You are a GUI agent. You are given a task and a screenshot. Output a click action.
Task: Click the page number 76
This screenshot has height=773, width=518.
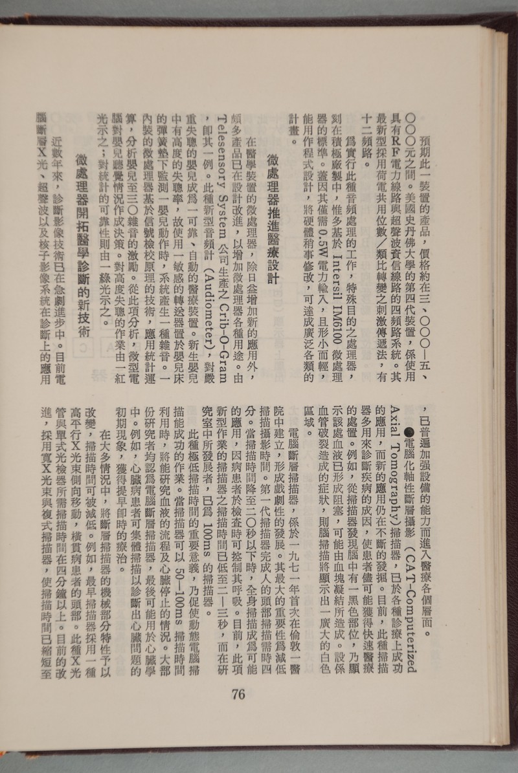tap(237, 693)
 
